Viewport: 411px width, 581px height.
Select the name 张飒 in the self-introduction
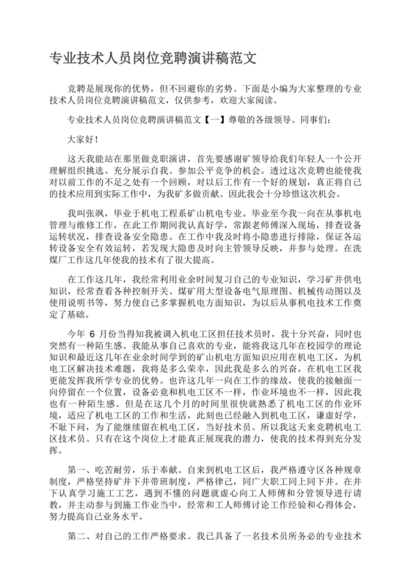coord(95,211)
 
